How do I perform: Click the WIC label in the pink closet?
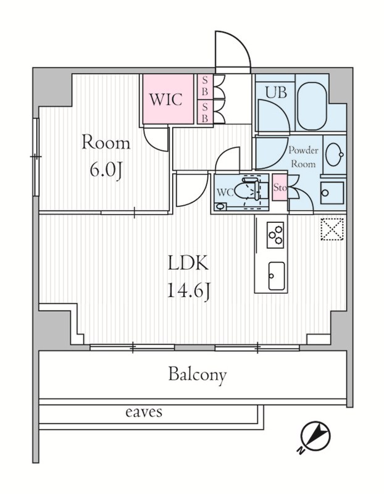(x=165, y=99)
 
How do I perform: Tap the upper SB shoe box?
(x=205, y=87)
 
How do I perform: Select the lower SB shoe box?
(x=205, y=112)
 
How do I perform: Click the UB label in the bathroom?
(x=276, y=93)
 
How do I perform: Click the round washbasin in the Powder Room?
(x=334, y=154)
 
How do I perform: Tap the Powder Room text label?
(x=303, y=157)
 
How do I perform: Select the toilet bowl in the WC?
(x=251, y=189)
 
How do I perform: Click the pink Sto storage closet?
(x=280, y=188)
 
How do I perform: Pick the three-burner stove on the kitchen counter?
(x=275, y=235)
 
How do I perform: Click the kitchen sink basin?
(x=276, y=275)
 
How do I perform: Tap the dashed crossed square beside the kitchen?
(x=332, y=229)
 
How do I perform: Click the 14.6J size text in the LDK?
(x=188, y=291)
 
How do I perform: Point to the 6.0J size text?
(x=106, y=172)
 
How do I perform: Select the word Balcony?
(x=198, y=375)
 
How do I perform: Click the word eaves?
(x=144, y=412)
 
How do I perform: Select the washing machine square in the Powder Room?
(x=332, y=193)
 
